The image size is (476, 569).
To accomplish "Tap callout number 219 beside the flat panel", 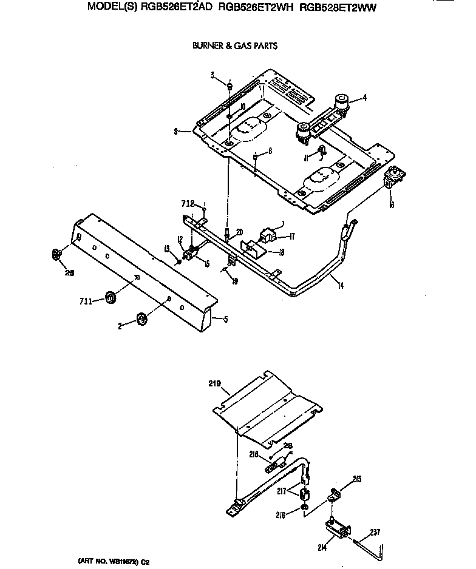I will pos(214,384).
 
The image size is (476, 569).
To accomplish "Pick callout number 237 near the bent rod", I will pos(375,533).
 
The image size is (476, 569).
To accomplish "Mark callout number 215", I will pos(356,479).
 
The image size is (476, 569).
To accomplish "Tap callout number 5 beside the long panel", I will pos(226,319).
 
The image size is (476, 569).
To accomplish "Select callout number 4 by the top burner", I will pos(364,97).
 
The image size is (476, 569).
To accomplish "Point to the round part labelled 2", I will pos(141,319).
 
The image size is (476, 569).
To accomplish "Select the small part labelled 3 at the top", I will pos(230,86).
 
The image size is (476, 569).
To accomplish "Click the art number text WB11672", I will pos(121,562).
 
